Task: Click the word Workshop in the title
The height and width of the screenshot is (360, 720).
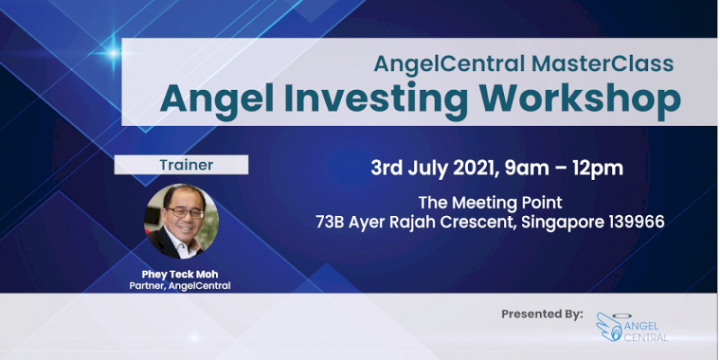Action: click(580, 100)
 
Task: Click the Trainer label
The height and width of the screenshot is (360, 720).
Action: click(186, 165)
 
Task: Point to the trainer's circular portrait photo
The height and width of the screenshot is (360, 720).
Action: click(181, 221)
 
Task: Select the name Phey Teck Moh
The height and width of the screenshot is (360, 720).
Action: click(180, 274)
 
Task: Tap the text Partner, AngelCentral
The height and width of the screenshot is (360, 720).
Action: click(180, 286)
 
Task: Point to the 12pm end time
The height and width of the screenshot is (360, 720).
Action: click(598, 169)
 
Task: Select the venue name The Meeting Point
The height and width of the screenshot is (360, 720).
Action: click(490, 202)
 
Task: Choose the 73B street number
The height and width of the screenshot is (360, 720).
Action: click(330, 222)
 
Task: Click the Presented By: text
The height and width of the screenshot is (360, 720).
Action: click(542, 314)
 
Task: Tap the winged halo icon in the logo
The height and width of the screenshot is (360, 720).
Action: click(610, 327)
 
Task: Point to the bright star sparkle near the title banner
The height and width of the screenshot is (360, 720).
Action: click(113, 54)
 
